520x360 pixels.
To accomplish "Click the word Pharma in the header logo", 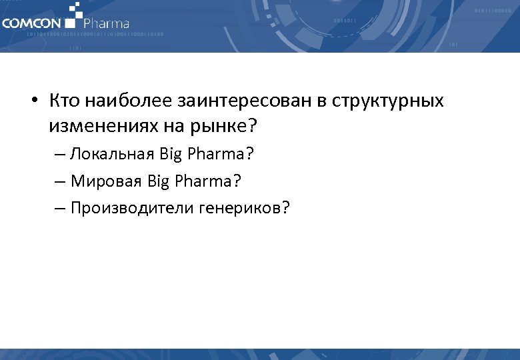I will (106, 24).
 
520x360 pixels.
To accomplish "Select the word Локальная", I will (113, 154).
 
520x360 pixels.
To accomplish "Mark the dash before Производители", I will (60, 209).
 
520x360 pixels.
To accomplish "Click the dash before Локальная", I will (60, 154).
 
